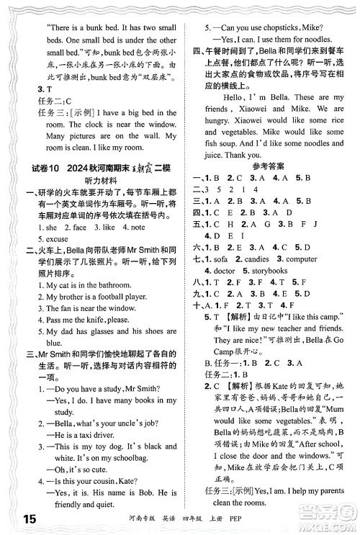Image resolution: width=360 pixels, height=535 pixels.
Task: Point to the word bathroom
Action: [114, 284]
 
